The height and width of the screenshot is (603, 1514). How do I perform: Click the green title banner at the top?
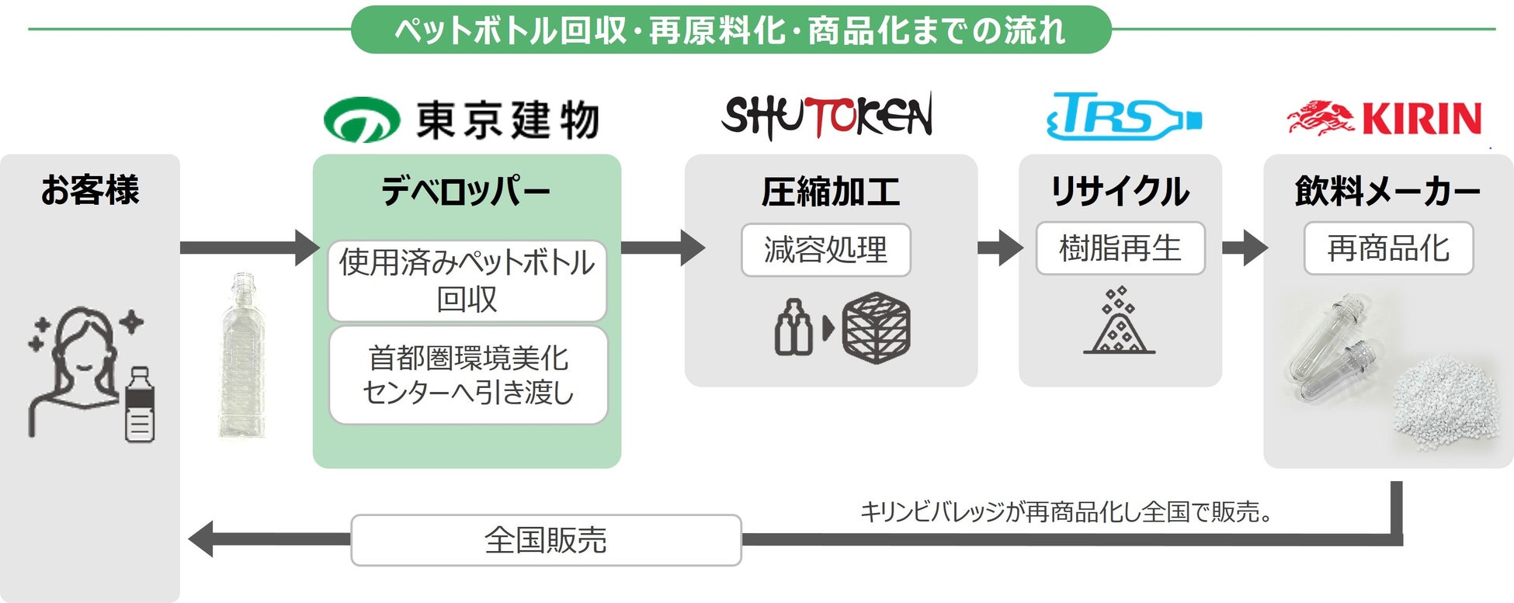[x=731, y=30]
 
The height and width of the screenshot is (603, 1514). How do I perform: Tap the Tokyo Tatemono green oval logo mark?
[x=361, y=120]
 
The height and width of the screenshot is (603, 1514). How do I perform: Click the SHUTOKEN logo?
[x=827, y=116]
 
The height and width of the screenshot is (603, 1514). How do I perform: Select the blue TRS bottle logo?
[x=1123, y=117]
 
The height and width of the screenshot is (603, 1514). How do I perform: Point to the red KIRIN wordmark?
[x=1422, y=120]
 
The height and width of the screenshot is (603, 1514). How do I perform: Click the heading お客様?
[x=90, y=190]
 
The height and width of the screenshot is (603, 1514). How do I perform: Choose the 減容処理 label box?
[x=825, y=250]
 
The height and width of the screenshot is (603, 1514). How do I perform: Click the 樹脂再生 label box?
[x=1120, y=248]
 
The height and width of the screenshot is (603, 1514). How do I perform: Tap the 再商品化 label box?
[x=1388, y=248]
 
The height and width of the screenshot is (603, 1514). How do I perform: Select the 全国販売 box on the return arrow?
[x=546, y=540]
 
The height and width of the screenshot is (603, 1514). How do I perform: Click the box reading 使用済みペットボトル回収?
[x=467, y=281]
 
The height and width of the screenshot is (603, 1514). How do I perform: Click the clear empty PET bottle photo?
[x=243, y=355]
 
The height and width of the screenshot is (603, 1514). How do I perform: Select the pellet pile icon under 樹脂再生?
[x=1119, y=322]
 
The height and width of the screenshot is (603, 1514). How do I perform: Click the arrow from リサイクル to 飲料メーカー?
[x=1244, y=248]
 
